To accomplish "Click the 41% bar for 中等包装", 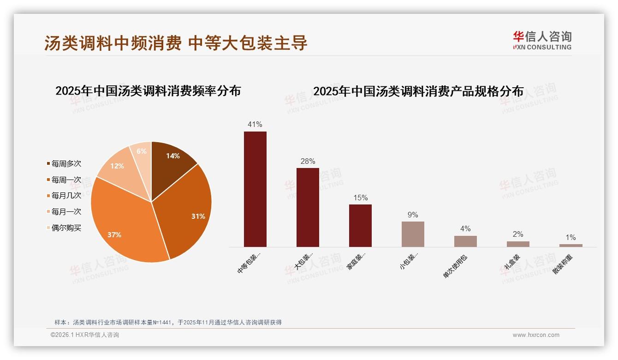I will tap(255, 189).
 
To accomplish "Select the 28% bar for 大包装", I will tap(308, 207).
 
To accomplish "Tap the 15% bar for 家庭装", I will tap(360, 226).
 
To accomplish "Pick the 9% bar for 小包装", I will tap(413, 234).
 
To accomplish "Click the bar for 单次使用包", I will tap(465, 241).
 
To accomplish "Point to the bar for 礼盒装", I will tap(518, 244).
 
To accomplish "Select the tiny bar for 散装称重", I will tap(570, 246).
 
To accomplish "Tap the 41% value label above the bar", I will tap(255, 124).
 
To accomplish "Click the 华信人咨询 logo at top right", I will tap(542, 40).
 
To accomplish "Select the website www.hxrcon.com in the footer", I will tap(536, 335).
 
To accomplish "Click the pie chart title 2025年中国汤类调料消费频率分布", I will tap(148, 91).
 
